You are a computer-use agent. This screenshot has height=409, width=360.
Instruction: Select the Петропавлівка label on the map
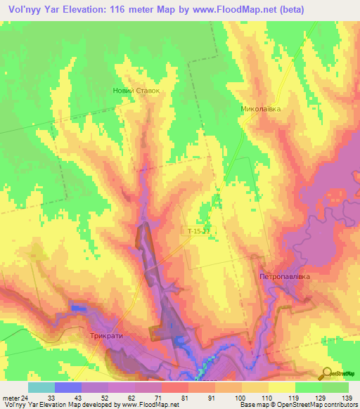[x=284, y=277]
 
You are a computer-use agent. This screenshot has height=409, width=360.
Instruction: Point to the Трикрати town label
[x=107, y=336]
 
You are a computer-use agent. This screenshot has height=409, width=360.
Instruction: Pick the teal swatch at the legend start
[x=41, y=387]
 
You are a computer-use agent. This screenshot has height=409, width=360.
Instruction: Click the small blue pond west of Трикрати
[x=77, y=309]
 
